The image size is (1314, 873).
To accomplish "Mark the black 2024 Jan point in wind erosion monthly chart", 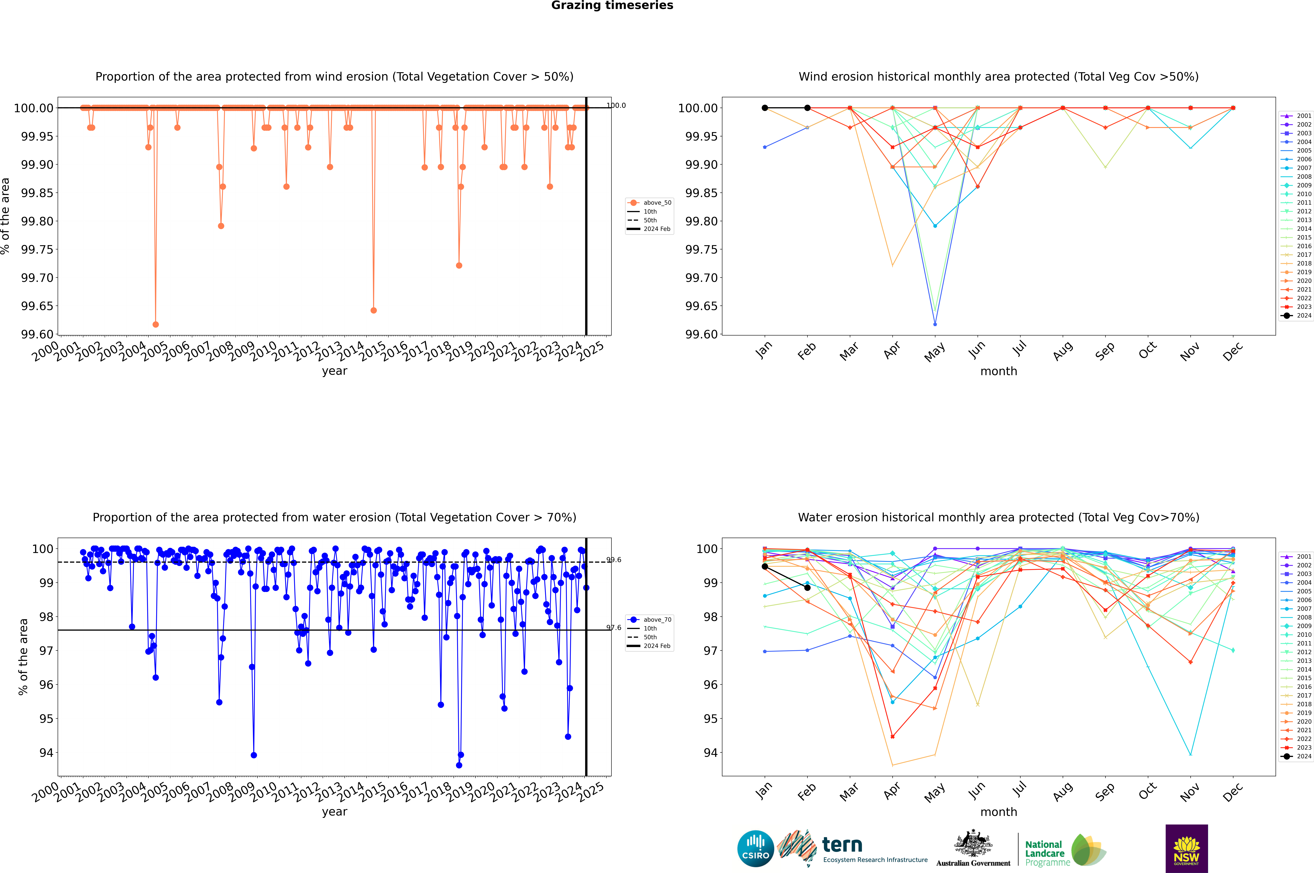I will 765,108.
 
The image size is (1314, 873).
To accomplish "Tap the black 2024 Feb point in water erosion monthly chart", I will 807,588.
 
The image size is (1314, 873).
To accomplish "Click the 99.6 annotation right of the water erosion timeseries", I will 614,560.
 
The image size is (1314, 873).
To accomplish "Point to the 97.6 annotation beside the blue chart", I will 614,628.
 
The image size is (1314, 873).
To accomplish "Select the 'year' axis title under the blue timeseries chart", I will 334,812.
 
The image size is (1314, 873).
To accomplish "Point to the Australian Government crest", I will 973,845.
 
